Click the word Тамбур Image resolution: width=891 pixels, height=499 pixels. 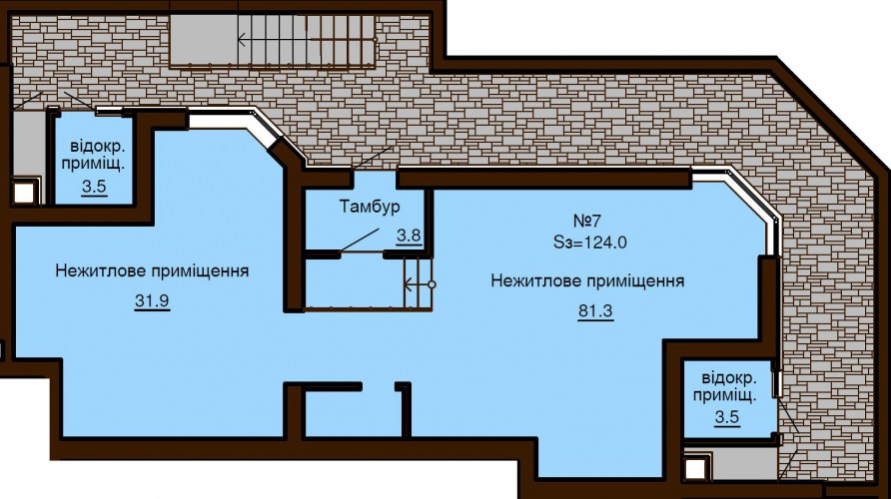[x=370, y=207]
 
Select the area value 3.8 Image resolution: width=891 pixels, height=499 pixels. [x=409, y=235]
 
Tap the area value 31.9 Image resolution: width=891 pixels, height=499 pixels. [x=152, y=300]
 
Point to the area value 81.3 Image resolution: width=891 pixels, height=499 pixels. [x=595, y=311]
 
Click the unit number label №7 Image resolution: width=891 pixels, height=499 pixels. [x=587, y=221]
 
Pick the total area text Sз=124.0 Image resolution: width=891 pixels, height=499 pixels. [x=590, y=243]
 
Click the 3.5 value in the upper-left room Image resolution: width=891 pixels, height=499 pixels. [x=94, y=187]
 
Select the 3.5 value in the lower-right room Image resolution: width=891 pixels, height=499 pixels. [x=727, y=417]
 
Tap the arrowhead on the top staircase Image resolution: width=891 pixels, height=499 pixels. [x=243, y=40]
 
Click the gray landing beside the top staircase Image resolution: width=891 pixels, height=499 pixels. [x=204, y=39]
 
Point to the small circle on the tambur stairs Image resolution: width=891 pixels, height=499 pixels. [x=432, y=284]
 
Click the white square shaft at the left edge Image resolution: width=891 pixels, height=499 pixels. [x=24, y=193]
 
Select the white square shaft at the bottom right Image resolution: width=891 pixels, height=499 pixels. [x=694, y=469]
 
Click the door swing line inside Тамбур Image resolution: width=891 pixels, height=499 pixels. [x=360, y=240]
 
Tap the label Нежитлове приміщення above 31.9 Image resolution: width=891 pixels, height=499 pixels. [x=152, y=270]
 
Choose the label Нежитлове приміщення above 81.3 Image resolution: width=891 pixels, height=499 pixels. [x=587, y=281]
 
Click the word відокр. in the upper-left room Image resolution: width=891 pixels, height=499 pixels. [x=98, y=146]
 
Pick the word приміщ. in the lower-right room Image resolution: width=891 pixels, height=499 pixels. [x=725, y=395]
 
